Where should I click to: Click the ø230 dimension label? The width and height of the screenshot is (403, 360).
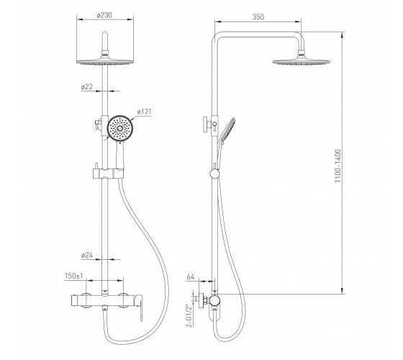click(x=104, y=15)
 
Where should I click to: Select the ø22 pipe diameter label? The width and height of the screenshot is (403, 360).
click(x=87, y=86)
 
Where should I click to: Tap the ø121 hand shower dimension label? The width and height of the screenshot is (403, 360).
click(x=144, y=112)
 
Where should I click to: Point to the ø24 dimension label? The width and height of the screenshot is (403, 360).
click(x=87, y=256)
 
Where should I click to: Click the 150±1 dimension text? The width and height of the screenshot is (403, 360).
click(x=73, y=276)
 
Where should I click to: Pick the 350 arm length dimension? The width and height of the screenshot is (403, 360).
click(x=258, y=17)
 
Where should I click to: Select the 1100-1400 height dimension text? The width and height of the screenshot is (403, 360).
click(x=338, y=166)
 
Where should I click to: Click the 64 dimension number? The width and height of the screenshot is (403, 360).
click(x=191, y=277)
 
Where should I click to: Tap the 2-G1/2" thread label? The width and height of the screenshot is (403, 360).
click(x=189, y=316)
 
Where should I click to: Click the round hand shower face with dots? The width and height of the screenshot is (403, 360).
click(x=119, y=128)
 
